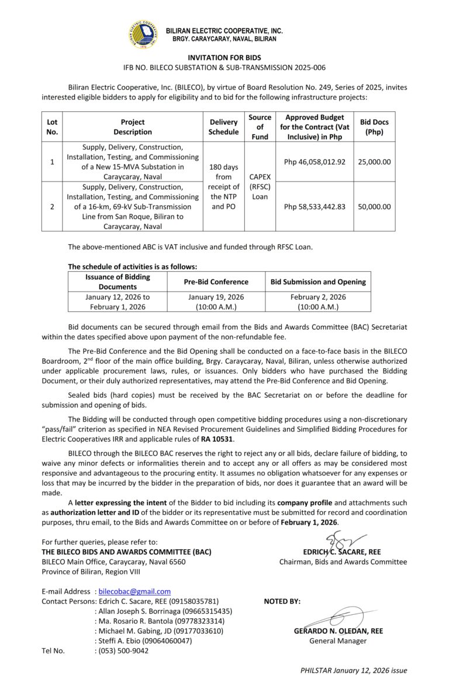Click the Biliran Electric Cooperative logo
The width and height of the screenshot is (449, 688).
pyautogui.click(x=143, y=34)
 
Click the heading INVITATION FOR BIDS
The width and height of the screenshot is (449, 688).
pyautogui.click(x=224, y=58)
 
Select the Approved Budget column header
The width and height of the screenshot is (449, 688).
pyautogui.click(x=315, y=127)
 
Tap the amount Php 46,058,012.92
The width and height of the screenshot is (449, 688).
pyautogui.click(x=315, y=162)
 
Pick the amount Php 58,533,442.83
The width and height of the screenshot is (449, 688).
pyautogui.click(x=315, y=206)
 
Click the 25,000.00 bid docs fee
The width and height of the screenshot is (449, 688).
pyautogui.click(x=374, y=162)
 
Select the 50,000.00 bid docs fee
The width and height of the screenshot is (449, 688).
pyautogui.click(x=374, y=206)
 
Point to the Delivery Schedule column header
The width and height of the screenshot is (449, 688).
pyautogui.click(x=224, y=127)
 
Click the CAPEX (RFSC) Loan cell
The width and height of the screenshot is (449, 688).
pyautogui.click(x=260, y=186)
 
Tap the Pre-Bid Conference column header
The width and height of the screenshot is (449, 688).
pyautogui.click(x=216, y=282)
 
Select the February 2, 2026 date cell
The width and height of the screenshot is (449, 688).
pyautogui.click(x=318, y=302)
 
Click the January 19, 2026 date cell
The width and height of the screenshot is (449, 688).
pyautogui.click(x=216, y=302)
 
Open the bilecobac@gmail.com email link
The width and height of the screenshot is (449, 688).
pyautogui.click(x=134, y=592)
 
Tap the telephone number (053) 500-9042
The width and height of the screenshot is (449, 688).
pyautogui.click(x=123, y=651)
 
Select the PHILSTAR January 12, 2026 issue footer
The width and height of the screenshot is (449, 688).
pyautogui.click(x=353, y=670)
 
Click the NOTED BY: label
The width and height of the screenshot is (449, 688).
pyautogui.click(x=282, y=601)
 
